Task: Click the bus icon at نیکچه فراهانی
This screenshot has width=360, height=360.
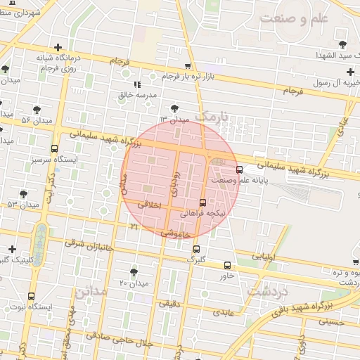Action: tap(203, 202)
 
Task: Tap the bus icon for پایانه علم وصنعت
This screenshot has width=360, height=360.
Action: tap(240, 169)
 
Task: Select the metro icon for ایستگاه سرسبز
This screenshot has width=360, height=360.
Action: tap(55, 148)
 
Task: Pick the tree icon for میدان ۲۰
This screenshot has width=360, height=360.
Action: tap(134, 271)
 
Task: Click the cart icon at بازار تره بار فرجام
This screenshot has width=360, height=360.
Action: tap(187, 66)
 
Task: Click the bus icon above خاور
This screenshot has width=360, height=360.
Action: tap(226, 265)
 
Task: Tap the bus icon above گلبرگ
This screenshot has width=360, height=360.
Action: tap(196, 249)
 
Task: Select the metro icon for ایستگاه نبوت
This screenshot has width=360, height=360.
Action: tap(31, 296)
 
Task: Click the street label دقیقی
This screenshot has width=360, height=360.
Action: tap(169, 304)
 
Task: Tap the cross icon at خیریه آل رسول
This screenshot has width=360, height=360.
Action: tap(349, 72)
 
